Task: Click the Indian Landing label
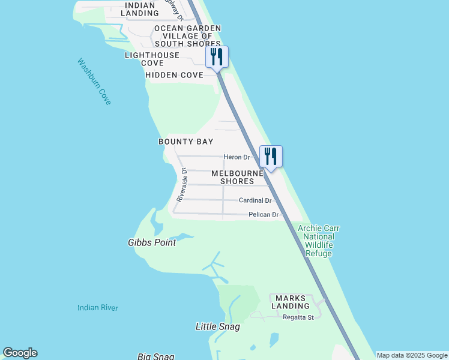pos(142,8)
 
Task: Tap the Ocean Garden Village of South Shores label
pos(187,36)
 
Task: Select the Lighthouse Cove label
pos(152,59)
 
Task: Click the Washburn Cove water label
pos(94,82)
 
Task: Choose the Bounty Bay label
pos(185,142)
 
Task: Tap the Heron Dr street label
pos(237,157)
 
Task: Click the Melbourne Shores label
pos(237,177)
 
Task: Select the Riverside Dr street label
pos(182,184)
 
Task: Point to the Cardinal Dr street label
pos(255,200)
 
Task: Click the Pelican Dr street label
pos(264,215)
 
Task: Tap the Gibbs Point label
pos(152,243)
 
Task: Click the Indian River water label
pos(98,308)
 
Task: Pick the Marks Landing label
pos(291,302)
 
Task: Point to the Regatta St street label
pos(298,317)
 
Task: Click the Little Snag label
pos(218,327)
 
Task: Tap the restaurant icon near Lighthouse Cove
pos(217,57)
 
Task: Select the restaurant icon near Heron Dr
pos(271,157)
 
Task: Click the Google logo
pos(20,353)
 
